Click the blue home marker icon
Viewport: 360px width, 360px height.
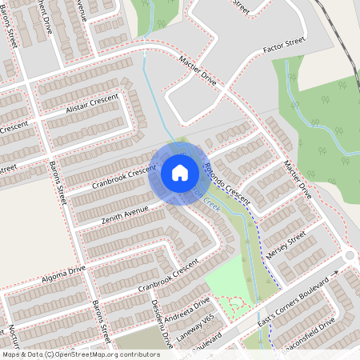point(180,173)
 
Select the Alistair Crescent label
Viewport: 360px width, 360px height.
point(92,104)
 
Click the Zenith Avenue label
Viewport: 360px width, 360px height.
point(125,213)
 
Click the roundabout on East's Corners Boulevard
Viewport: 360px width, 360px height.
point(350,257)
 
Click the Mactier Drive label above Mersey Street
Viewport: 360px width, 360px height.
point(295,178)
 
